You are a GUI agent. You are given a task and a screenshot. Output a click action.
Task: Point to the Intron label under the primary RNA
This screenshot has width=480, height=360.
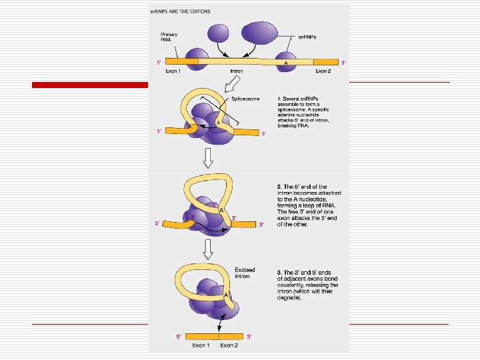(x=237, y=71)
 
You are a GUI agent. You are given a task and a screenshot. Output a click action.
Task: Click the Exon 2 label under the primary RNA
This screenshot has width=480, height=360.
(x=323, y=71)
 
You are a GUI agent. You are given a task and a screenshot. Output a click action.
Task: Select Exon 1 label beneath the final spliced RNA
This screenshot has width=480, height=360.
(x=200, y=345)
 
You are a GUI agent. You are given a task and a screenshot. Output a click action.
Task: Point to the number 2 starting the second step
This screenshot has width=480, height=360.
(x=279, y=187)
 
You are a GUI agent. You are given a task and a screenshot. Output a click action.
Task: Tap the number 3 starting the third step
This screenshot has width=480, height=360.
(x=279, y=272)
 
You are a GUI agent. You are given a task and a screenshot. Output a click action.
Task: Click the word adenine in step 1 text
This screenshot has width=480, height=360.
(x=291, y=115)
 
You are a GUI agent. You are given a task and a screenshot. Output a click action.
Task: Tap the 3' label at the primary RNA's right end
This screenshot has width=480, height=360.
(x=343, y=63)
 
